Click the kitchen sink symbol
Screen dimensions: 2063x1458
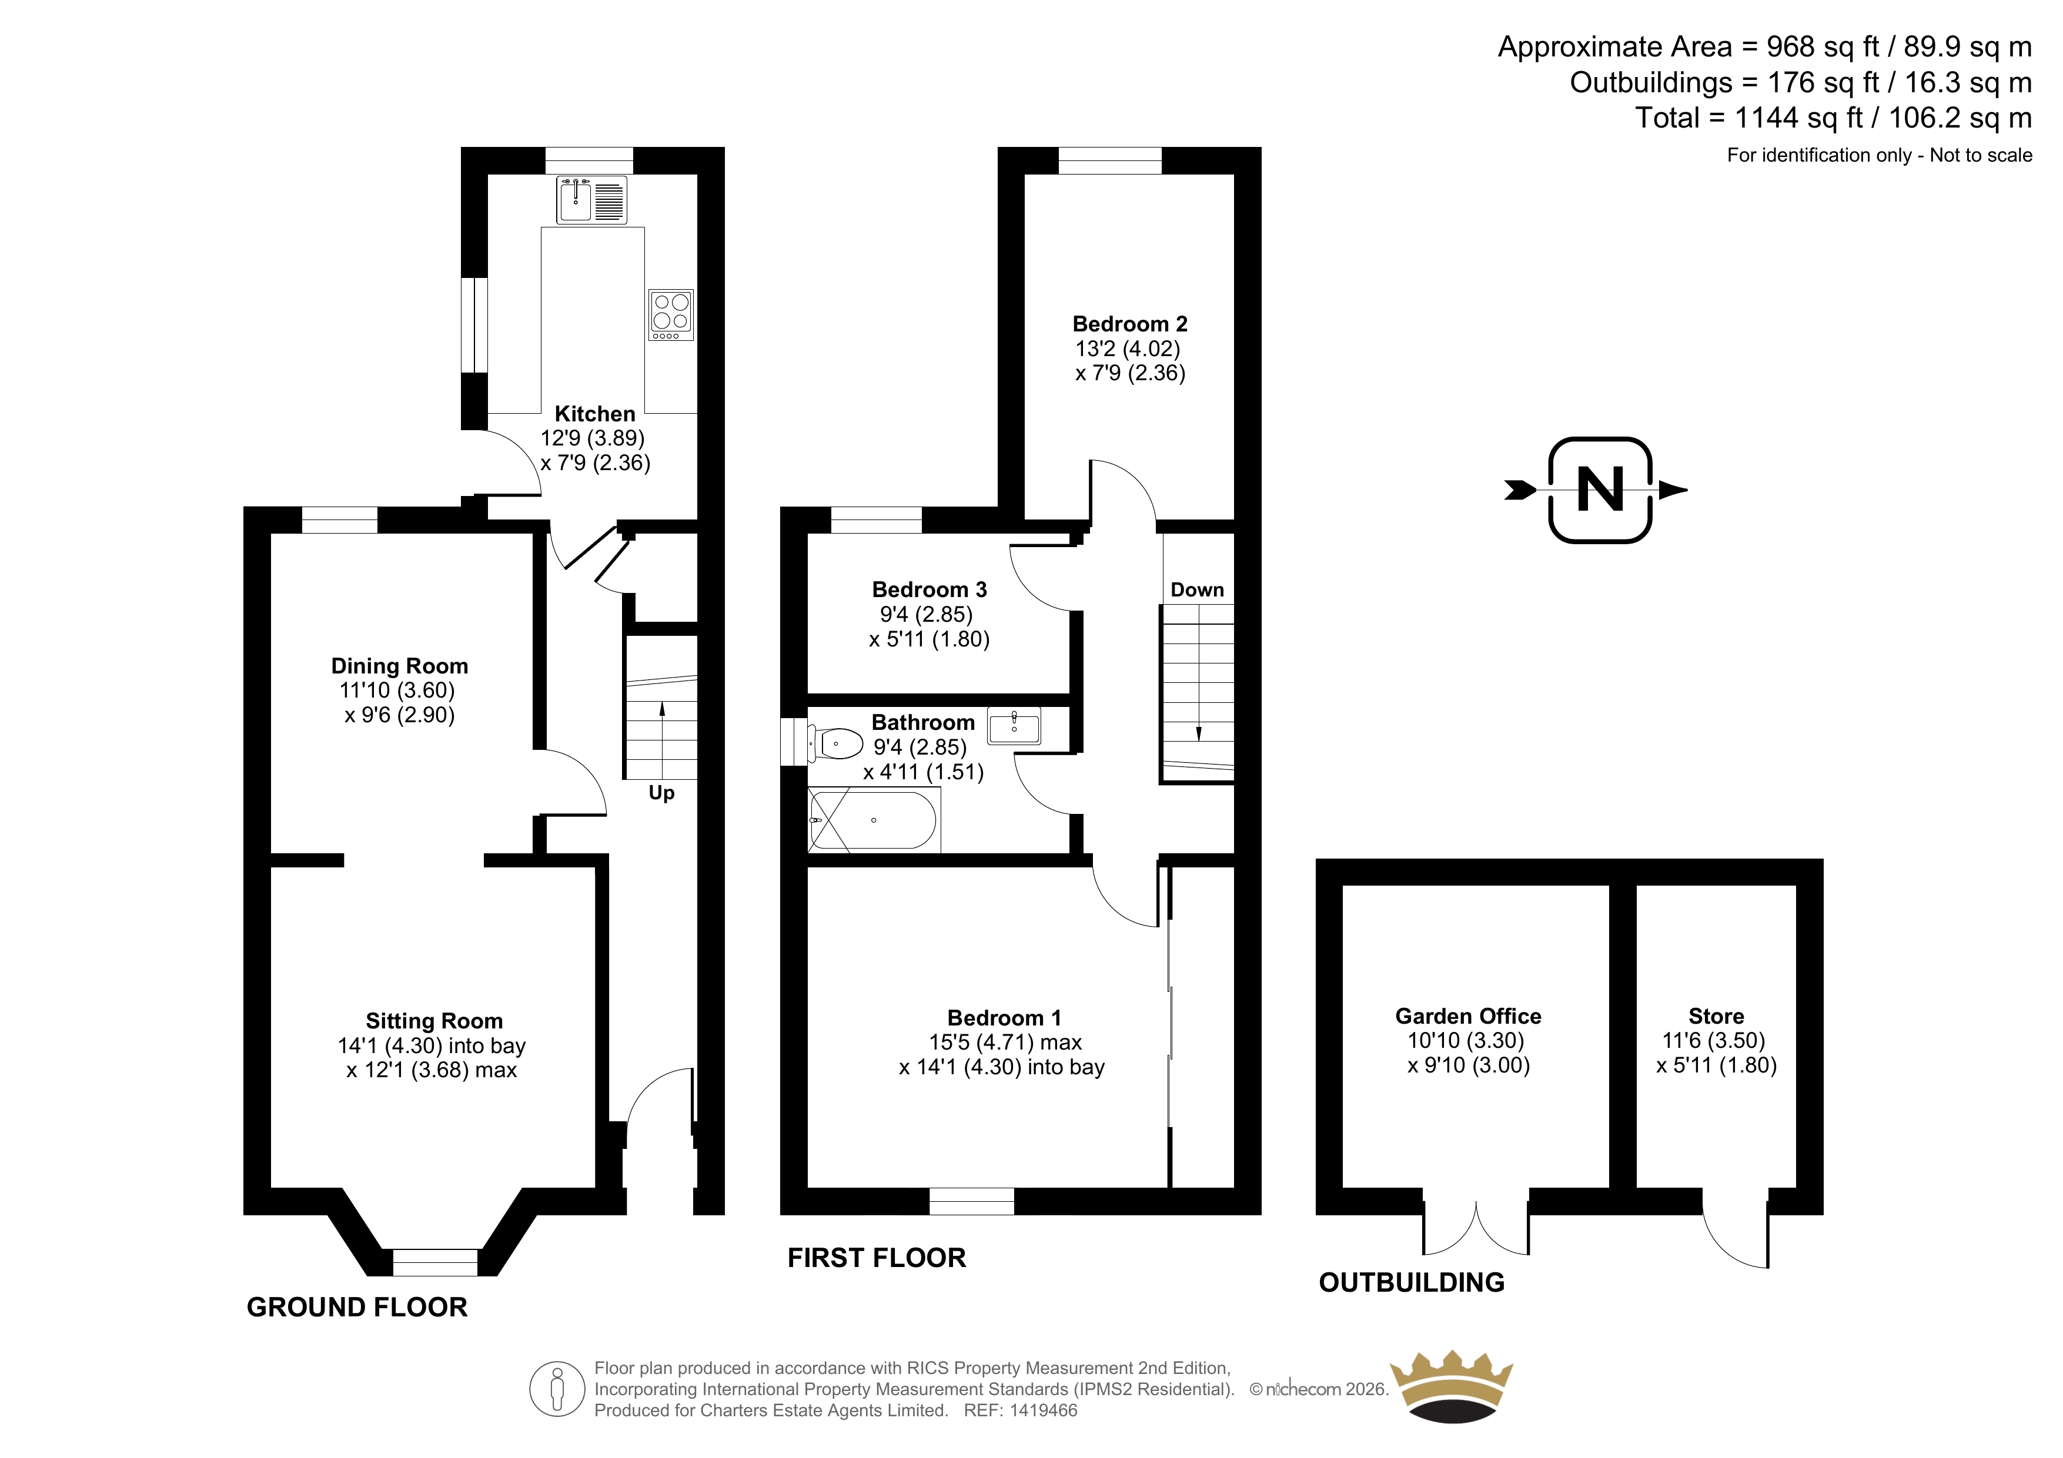(x=591, y=199)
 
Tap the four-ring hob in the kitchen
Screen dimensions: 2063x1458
(x=671, y=314)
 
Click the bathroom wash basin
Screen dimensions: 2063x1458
(x=1014, y=726)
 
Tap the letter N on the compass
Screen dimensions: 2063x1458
(x=1600, y=491)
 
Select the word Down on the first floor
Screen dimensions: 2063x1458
(x=1197, y=590)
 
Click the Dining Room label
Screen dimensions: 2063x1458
(x=400, y=666)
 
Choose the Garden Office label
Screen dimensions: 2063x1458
(x=1468, y=1016)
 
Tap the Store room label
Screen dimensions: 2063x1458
(x=1716, y=1016)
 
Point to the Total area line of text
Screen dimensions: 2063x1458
(x=1833, y=118)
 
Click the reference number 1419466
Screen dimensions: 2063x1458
(x=1042, y=1410)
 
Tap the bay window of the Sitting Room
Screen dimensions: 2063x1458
(x=435, y=1262)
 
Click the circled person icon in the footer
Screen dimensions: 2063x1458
(x=558, y=1389)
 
